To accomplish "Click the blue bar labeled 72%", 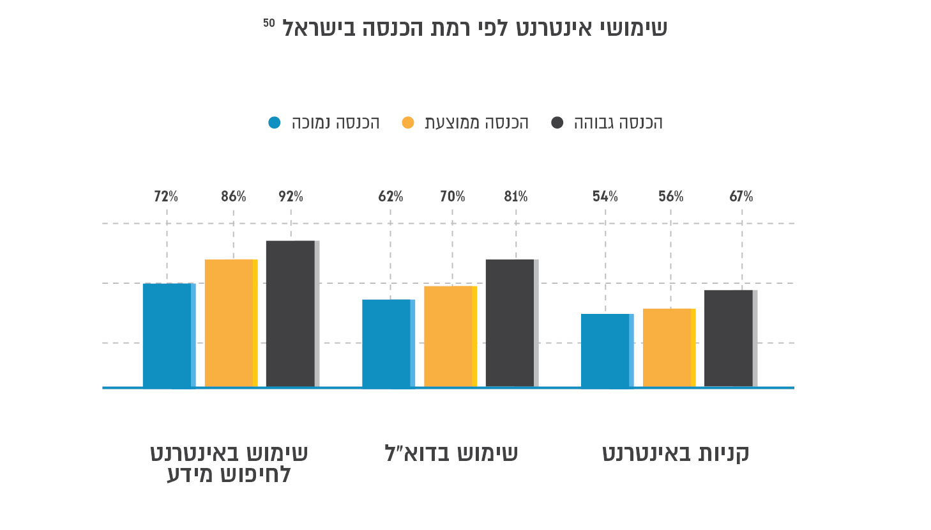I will [169, 335].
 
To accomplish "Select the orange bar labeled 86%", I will [231, 323].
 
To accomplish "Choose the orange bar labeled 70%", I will [450, 336].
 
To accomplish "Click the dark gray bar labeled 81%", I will [511, 323].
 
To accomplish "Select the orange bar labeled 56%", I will [669, 348].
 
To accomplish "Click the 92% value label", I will [291, 197].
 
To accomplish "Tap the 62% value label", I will [390, 197].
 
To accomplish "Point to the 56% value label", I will [670, 197].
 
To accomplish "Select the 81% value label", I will [515, 197].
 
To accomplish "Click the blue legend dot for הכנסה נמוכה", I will [275, 123].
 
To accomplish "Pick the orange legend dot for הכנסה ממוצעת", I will [408, 123].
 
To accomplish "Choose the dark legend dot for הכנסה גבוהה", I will [557, 123].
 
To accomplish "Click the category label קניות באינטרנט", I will [676, 453].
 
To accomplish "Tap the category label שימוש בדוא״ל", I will [451, 453].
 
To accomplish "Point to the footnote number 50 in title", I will [269, 24].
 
